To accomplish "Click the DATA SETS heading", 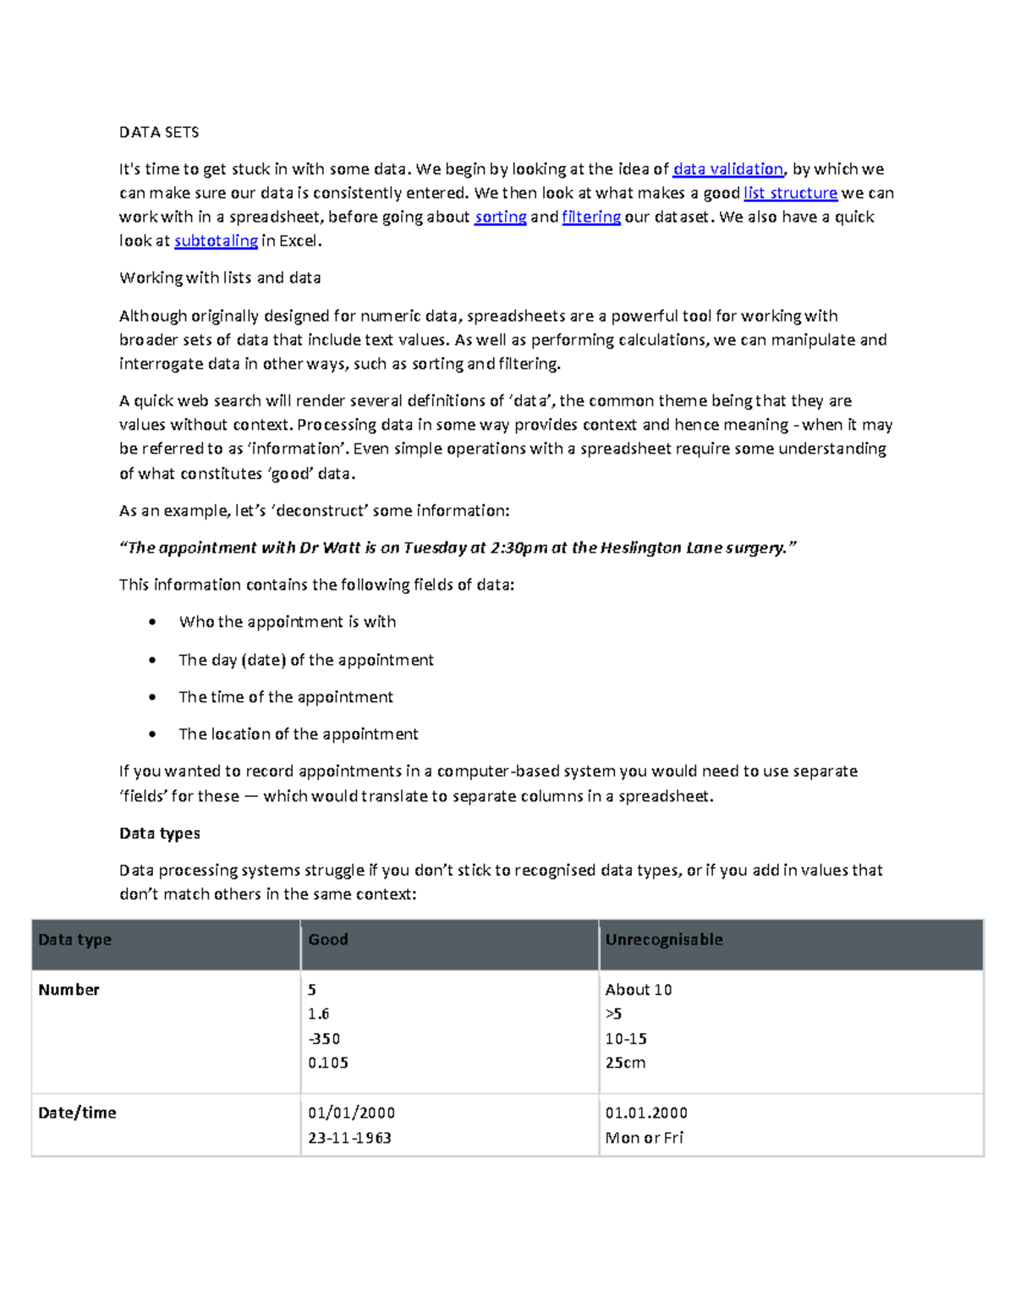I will click(x=159, y=132).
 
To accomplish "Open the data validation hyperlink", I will click(x=727, y=169).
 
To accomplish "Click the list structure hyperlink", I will click(x=790, y=193).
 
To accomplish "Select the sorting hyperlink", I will click(x=501, y=217).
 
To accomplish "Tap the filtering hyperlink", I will click(x=591, y=217).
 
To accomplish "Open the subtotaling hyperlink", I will click(x=216, y=241).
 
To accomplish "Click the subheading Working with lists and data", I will click(x=220, y=278).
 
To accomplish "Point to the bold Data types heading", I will click(x=160, y=833).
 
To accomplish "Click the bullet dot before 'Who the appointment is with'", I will click(x=152, y=622).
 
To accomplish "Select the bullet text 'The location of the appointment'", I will click(x=298, y=734).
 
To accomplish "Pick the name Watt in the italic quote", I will click(x=342, y=547).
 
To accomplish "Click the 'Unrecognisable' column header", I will click(x=664, y=939).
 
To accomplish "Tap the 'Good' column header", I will click(x=328, y=939).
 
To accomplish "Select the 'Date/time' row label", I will click(x=77, y=1113).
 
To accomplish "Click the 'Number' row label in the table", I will click(x=69, y=989).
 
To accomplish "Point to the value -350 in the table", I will click(x=324, y=1038).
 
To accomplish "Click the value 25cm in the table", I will click(x=625, y=1063).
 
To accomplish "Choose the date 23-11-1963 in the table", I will click(x=349, y=1138).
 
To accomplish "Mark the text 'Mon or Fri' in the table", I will click(x=644, y=1138).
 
